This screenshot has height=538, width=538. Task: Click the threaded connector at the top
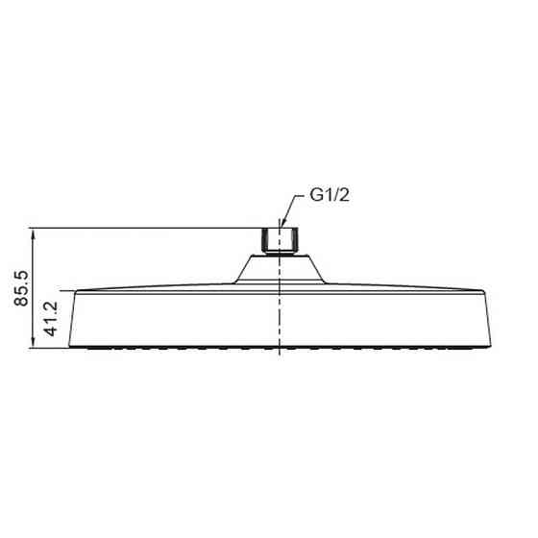pos(279,239)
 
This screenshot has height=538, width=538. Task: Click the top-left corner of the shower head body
pos(75,289)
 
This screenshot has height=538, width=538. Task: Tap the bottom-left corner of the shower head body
pos(89,346)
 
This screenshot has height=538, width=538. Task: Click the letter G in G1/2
pos(313,196)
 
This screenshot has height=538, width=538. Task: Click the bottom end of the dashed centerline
pos(279,355)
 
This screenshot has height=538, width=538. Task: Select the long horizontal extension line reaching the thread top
pos(144,228)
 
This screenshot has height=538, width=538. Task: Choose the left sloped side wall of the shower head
pos(82,317)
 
